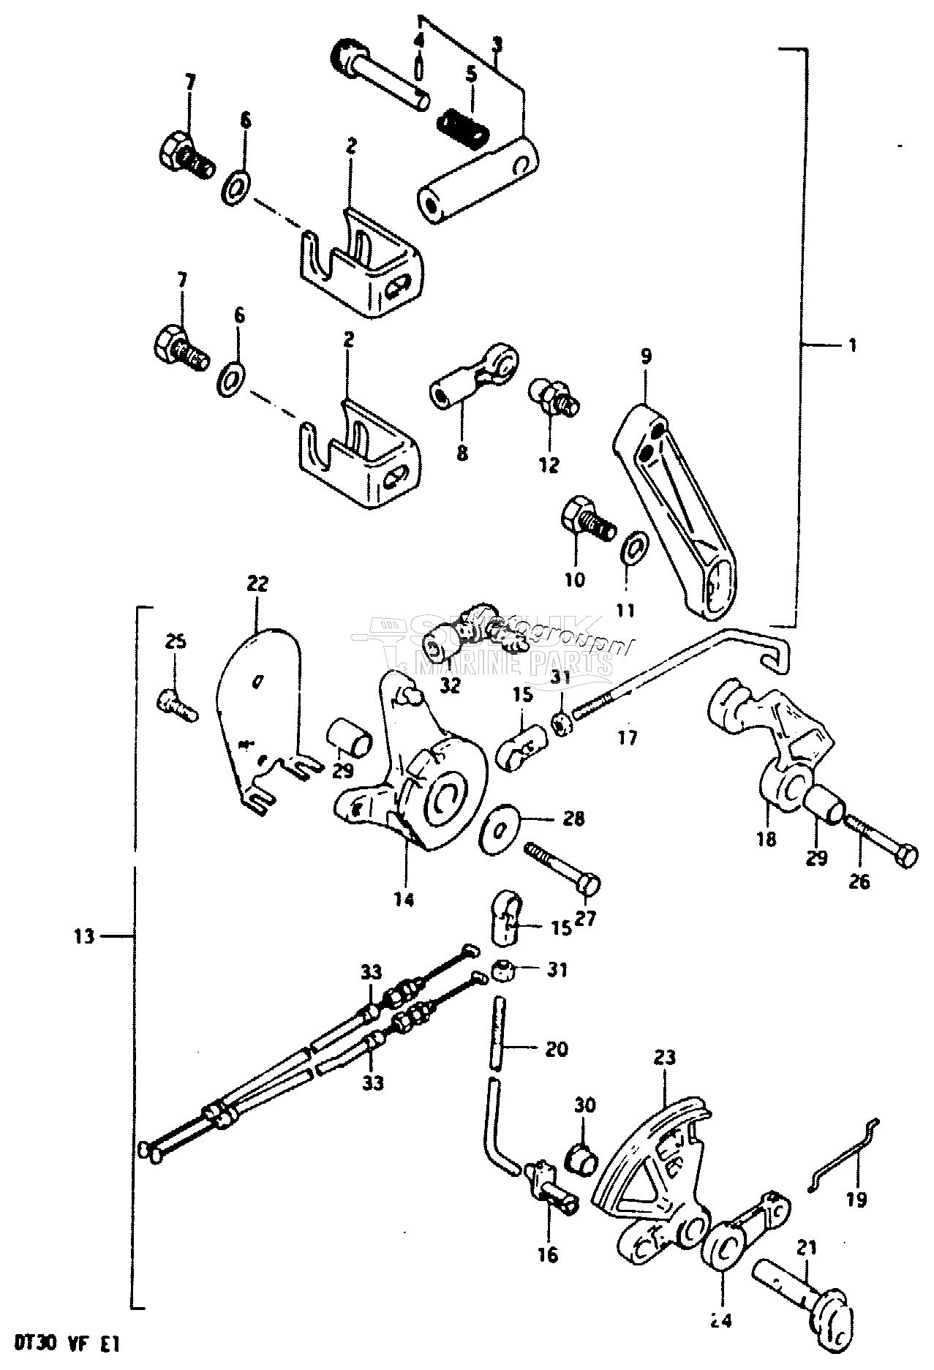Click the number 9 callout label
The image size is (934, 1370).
pyautogui.click(x=645, y=356)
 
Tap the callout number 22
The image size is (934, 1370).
pyautogui.click(x=257, y=584)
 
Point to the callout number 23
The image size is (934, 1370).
pyautogui.click(x=665, y=1056)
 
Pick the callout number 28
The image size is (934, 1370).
pyautogui.click(x=574, y=818)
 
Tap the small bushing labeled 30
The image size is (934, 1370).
pyautogui.click(x=584, y=1162)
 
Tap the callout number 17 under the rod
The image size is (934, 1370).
pyautogui.click(x=627, y=737)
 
